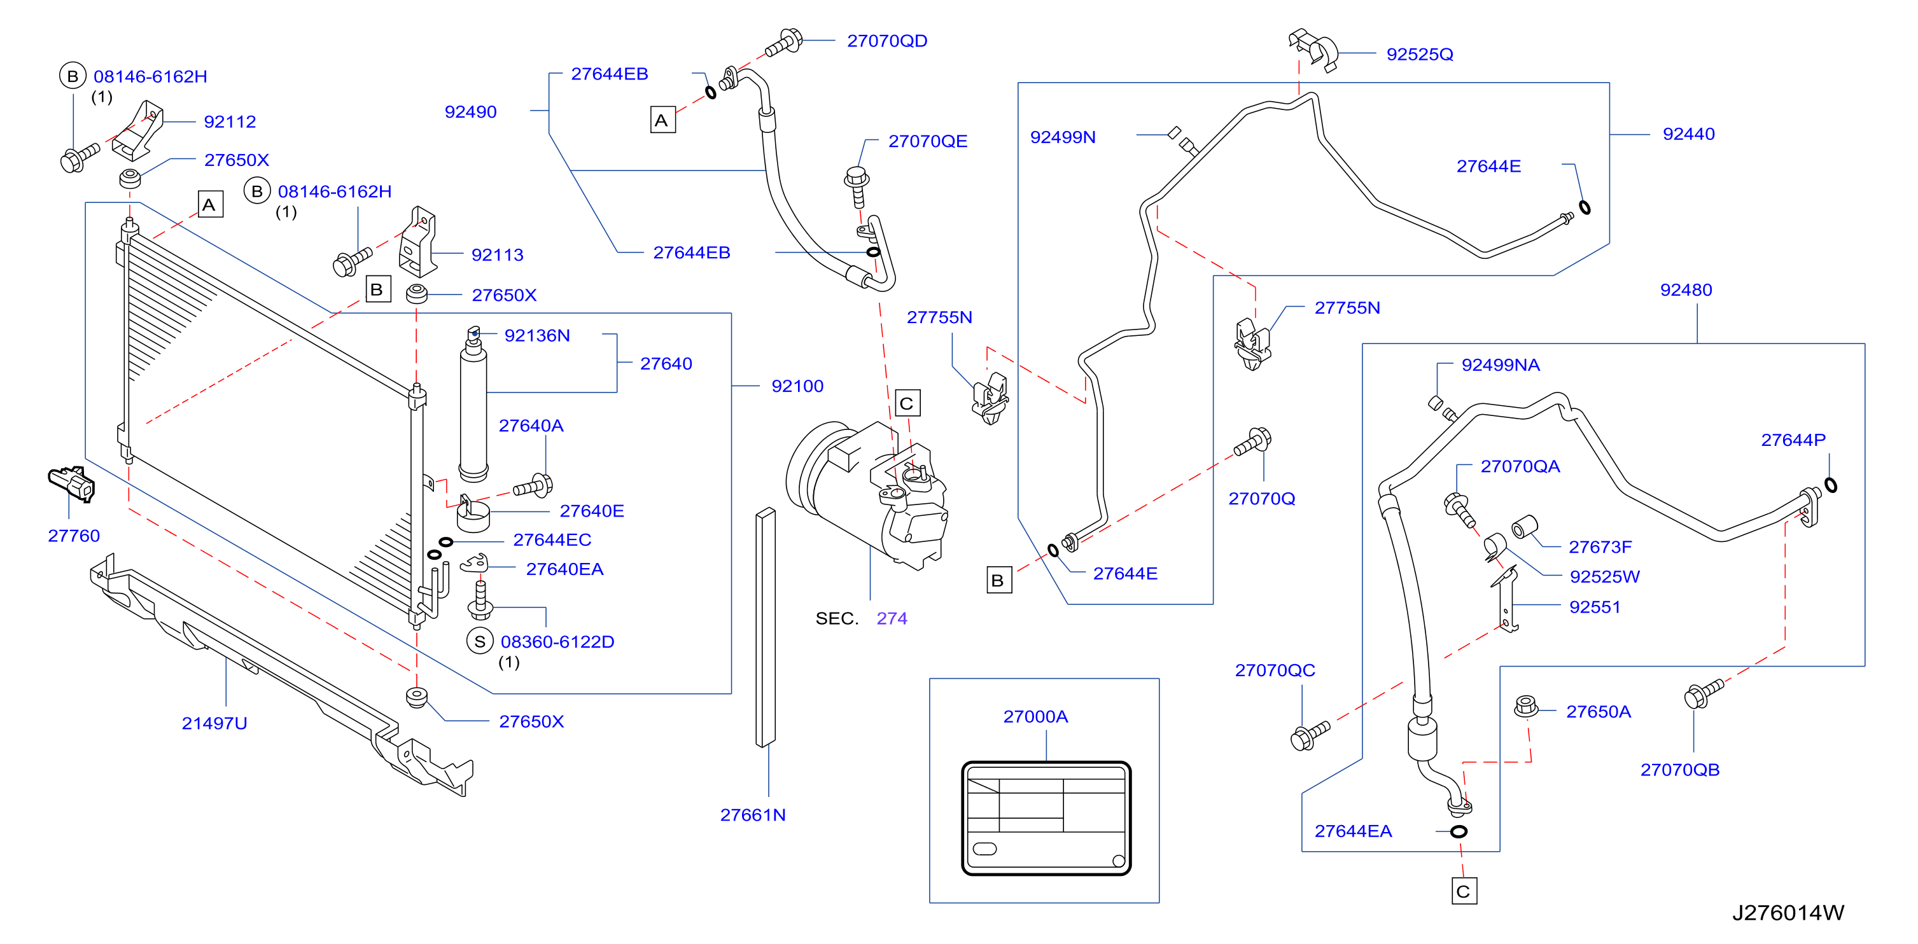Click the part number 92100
tap(797, 385)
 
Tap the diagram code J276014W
tap(1788, 913)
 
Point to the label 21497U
tap(214, 723)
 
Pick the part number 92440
tap(1689, 134)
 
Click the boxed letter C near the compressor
tap(907, 403)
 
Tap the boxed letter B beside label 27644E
tap(998, 580)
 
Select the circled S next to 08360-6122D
tap(480, 641)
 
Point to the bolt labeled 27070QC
tap(1309, 735)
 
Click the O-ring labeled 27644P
tap(1830, 485)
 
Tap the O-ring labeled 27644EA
tap(1459, 831)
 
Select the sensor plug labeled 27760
tap(71, 484)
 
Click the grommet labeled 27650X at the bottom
tap(417, 698)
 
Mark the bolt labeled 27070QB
tap(1703, 693)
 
